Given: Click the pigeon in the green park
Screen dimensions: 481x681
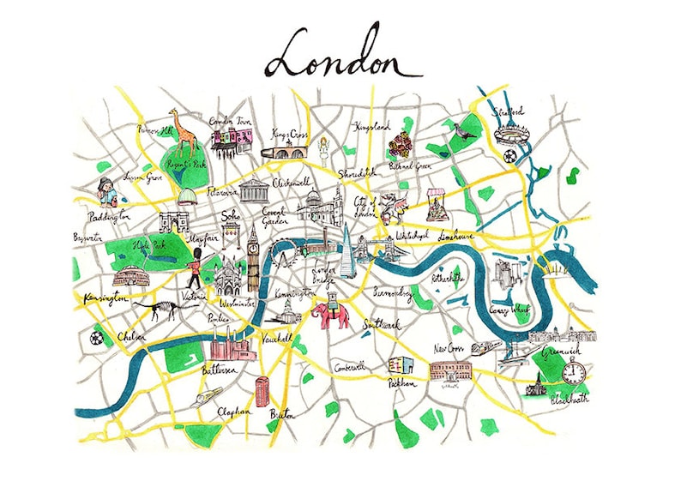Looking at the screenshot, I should (x=464, y=131).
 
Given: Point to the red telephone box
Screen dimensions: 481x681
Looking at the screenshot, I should (x=262, y=391).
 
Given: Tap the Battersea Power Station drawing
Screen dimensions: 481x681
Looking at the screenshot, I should (x=231, y=348).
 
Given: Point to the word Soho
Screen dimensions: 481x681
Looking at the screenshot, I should (x=232, y=217).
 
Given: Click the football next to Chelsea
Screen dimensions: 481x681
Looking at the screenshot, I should (x=96, y=337).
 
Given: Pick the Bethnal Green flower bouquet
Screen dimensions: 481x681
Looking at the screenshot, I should (x=400, y=147).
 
